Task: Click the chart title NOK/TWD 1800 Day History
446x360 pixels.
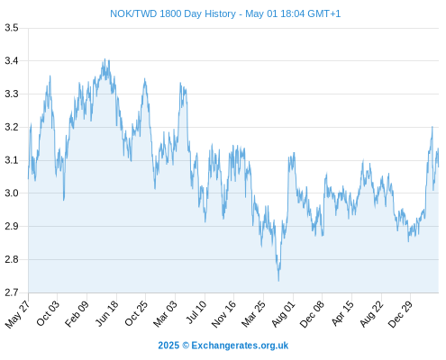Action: [173, 13]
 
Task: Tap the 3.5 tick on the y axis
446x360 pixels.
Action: [12, 28]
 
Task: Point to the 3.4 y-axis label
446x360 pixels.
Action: [12, 61]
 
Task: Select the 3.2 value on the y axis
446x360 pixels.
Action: [12, 127]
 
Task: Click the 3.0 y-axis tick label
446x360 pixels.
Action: [12, 193]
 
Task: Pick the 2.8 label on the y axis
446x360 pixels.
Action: [12, 259]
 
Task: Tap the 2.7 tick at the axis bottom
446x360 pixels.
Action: [12, 292]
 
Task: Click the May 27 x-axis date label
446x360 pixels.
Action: [17, 314]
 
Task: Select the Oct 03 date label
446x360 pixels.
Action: [48, 313]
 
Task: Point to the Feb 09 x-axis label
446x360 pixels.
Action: [77, 313]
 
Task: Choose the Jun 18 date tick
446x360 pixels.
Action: [107, 313]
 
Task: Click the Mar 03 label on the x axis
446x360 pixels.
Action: [165, 313]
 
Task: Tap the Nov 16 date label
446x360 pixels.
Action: [223, 314]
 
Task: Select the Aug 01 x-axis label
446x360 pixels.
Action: [283, 314]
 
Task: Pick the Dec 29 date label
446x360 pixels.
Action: [400, 314]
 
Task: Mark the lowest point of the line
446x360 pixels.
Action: [278, 281]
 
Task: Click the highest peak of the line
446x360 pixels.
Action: [105, 58]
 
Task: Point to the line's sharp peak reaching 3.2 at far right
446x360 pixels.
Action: [432, 127]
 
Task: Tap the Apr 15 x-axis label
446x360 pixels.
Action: [341, 313]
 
